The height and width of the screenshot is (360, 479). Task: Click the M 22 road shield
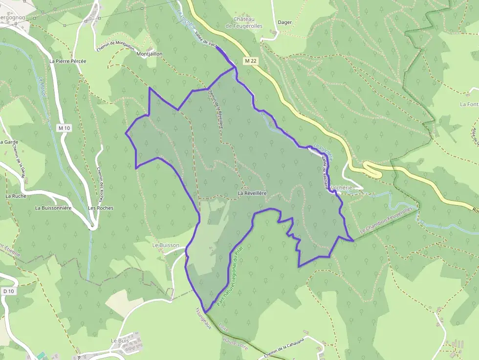pyautogui.click(x=251, y=61)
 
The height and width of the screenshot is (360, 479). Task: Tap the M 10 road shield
pyautogui.click(x=64, y=128)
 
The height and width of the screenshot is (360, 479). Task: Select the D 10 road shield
pyautogui.click(x=7, y=291)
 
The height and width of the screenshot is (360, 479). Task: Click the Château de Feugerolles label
pyautogui.click(x=244, y=22)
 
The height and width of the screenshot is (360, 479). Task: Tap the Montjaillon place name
pyautogui.click(x=150, y=54)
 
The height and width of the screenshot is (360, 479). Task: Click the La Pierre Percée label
pyautogui.click(x=68, y=62)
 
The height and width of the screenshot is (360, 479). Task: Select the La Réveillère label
pyautogui.click(x=252, y=193)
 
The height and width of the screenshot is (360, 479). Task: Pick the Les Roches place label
pyautogui.click(x=101, y=208)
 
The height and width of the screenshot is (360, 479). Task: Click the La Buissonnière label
pyautogui.click(x=53, y=208)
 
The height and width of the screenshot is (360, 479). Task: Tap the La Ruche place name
pyautogui.click(x=16, y=196)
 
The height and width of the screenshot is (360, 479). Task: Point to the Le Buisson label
pyautogui.click(x=166, y=245)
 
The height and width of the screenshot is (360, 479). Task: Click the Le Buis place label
pyautogui.click(x=119, y=340)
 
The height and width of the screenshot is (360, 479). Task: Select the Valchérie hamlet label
pyautogui.click(x=346, y=188)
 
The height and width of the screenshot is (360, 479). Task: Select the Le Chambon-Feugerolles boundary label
pyautogui.click(x=386, y=219)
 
